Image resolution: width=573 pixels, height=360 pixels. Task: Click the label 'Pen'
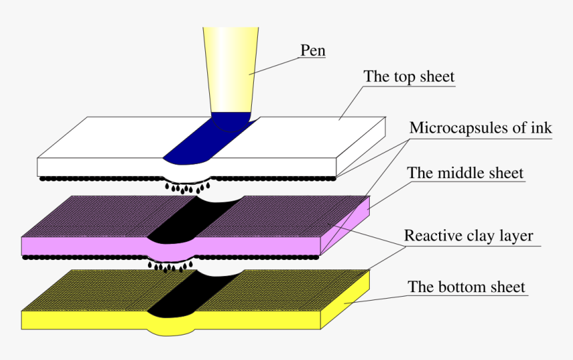click(x=312, y=51)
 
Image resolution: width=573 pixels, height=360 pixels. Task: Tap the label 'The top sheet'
click(x=408, y=77)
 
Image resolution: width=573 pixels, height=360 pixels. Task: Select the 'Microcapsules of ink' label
click(x=480, y=128)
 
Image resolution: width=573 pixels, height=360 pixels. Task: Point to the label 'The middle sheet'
click(x=465, y=173)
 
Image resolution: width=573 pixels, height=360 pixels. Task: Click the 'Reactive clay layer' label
click(x=468, y=236)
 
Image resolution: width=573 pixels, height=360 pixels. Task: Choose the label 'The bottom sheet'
click(x=466, y=287)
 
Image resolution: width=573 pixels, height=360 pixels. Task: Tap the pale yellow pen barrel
click(x=231, y=69)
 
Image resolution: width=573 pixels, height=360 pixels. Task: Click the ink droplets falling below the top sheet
click(x=187, y=188)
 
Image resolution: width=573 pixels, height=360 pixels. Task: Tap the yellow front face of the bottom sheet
click(x=171, y=321)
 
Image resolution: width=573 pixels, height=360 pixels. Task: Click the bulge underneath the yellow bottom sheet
click(x=171, y=332)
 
